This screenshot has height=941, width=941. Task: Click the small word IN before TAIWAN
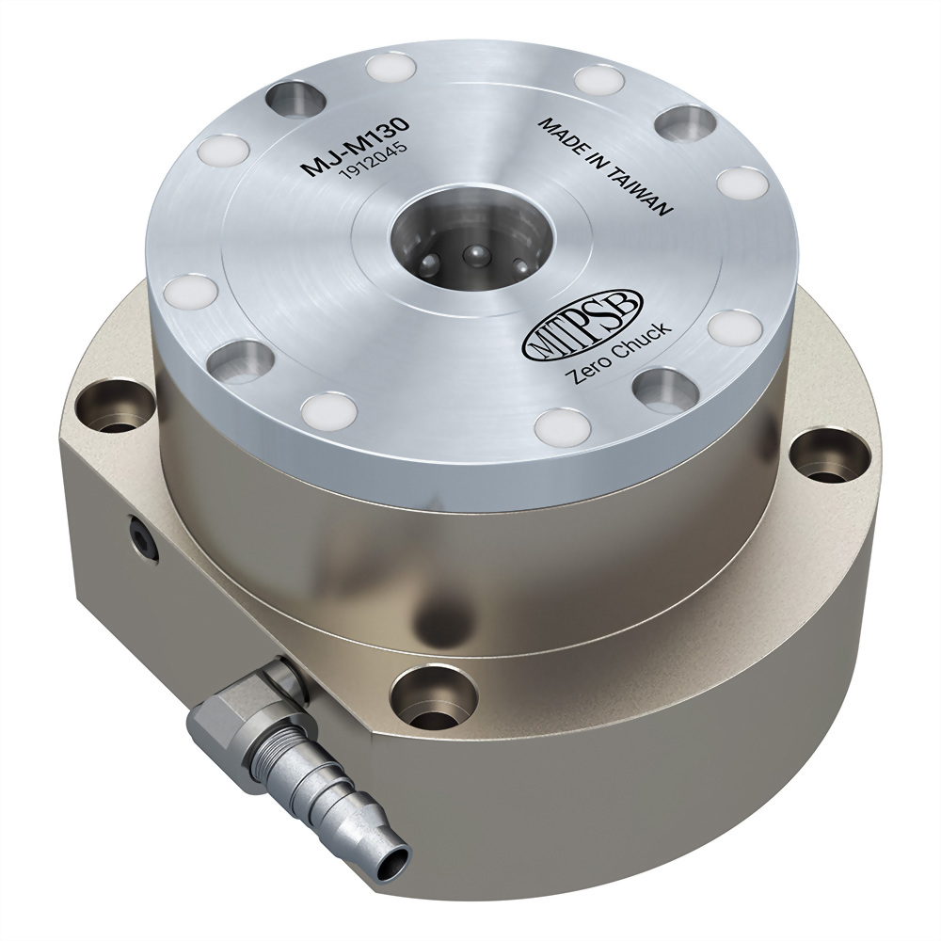click(599, 161)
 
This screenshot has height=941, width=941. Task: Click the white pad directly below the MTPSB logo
click(560, 426)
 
